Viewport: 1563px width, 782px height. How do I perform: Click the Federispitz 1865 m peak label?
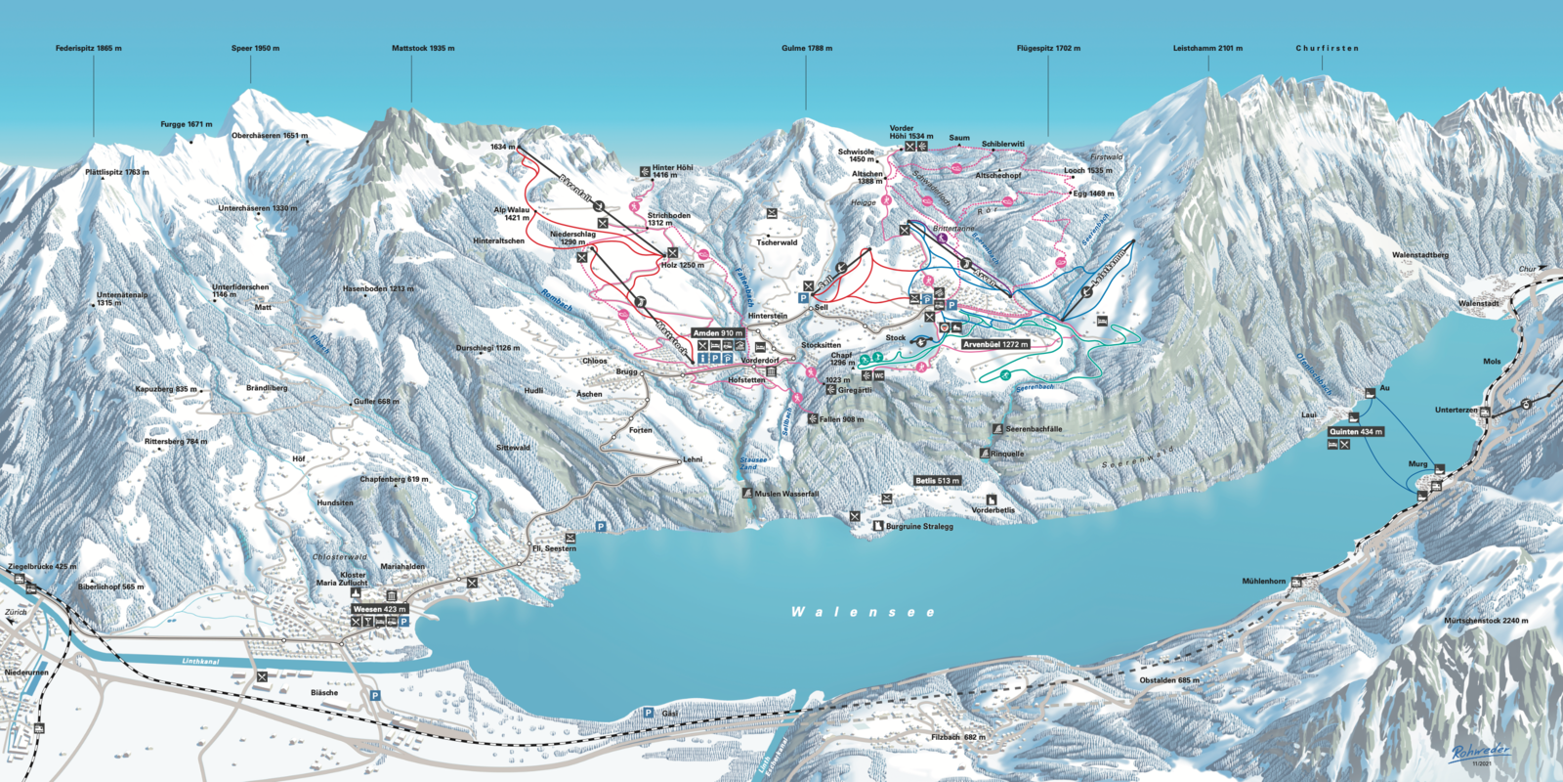tap(88, 48)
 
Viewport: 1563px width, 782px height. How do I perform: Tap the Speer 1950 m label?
tap(255, 48)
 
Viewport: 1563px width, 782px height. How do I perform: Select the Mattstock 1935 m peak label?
tap(422, 48)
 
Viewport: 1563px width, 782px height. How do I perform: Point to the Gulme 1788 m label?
tap(807, 48)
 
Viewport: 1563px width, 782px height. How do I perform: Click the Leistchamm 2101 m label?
tap(1207, 48)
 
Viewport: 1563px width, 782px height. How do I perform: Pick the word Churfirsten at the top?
tap(1327, 48)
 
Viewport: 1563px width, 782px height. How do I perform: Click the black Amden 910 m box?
tap(718, 333)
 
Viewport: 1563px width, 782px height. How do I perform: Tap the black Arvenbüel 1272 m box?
tap(995, 344)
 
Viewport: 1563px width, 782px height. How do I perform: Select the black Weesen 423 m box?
tap(379, 609)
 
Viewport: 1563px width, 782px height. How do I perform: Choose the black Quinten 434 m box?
tap(1355, 431)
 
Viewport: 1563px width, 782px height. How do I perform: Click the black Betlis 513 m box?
tap(938, 481)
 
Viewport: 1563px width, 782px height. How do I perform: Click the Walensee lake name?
tap(863, 612)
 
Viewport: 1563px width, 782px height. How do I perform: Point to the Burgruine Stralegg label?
tap(919, 527)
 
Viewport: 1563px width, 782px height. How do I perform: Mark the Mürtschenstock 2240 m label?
tap(1486, 621)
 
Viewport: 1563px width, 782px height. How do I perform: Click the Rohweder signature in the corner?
tap(1481, 752)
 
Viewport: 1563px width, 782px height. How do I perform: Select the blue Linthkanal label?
tap(200, 661)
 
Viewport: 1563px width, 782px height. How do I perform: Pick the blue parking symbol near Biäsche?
tap(375, 696)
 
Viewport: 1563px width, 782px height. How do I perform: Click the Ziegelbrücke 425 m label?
tap(41, 567)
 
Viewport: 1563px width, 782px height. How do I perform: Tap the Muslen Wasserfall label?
tap(786, 494)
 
